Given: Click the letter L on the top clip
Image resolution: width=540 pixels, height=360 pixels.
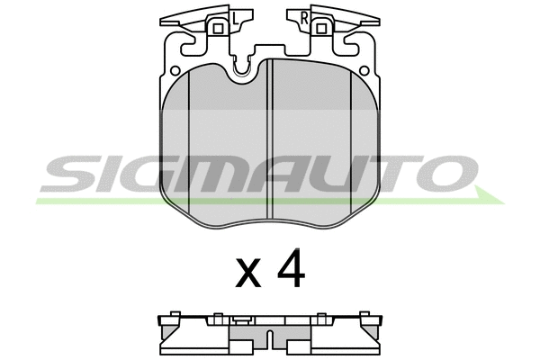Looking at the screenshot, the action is point(235,18).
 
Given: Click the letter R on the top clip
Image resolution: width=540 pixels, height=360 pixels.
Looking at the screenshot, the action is point(304,18).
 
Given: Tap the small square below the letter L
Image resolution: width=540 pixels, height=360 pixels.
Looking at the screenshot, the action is point(218,29).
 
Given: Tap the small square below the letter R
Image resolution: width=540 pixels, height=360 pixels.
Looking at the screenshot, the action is point(321,29).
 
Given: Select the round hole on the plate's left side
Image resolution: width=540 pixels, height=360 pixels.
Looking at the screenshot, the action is point(175,70).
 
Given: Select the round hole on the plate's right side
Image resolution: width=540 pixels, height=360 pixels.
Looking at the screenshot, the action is point(364,70).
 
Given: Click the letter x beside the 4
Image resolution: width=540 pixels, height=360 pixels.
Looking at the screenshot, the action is point(248,274).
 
